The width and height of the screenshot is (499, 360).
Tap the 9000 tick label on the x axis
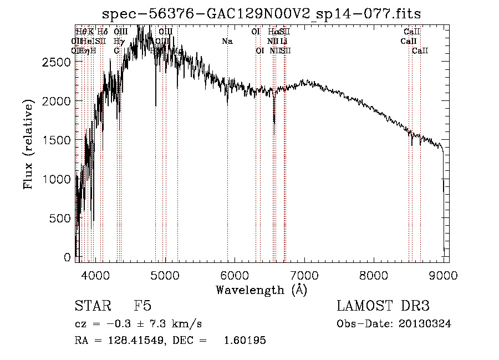[444, 274]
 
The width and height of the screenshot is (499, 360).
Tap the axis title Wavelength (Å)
[261, 289]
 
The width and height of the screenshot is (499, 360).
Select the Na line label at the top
[227, 41]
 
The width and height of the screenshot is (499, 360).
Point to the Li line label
[283, 41]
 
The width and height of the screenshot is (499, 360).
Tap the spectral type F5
[142, 306]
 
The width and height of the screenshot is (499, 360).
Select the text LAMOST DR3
[383, 306]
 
